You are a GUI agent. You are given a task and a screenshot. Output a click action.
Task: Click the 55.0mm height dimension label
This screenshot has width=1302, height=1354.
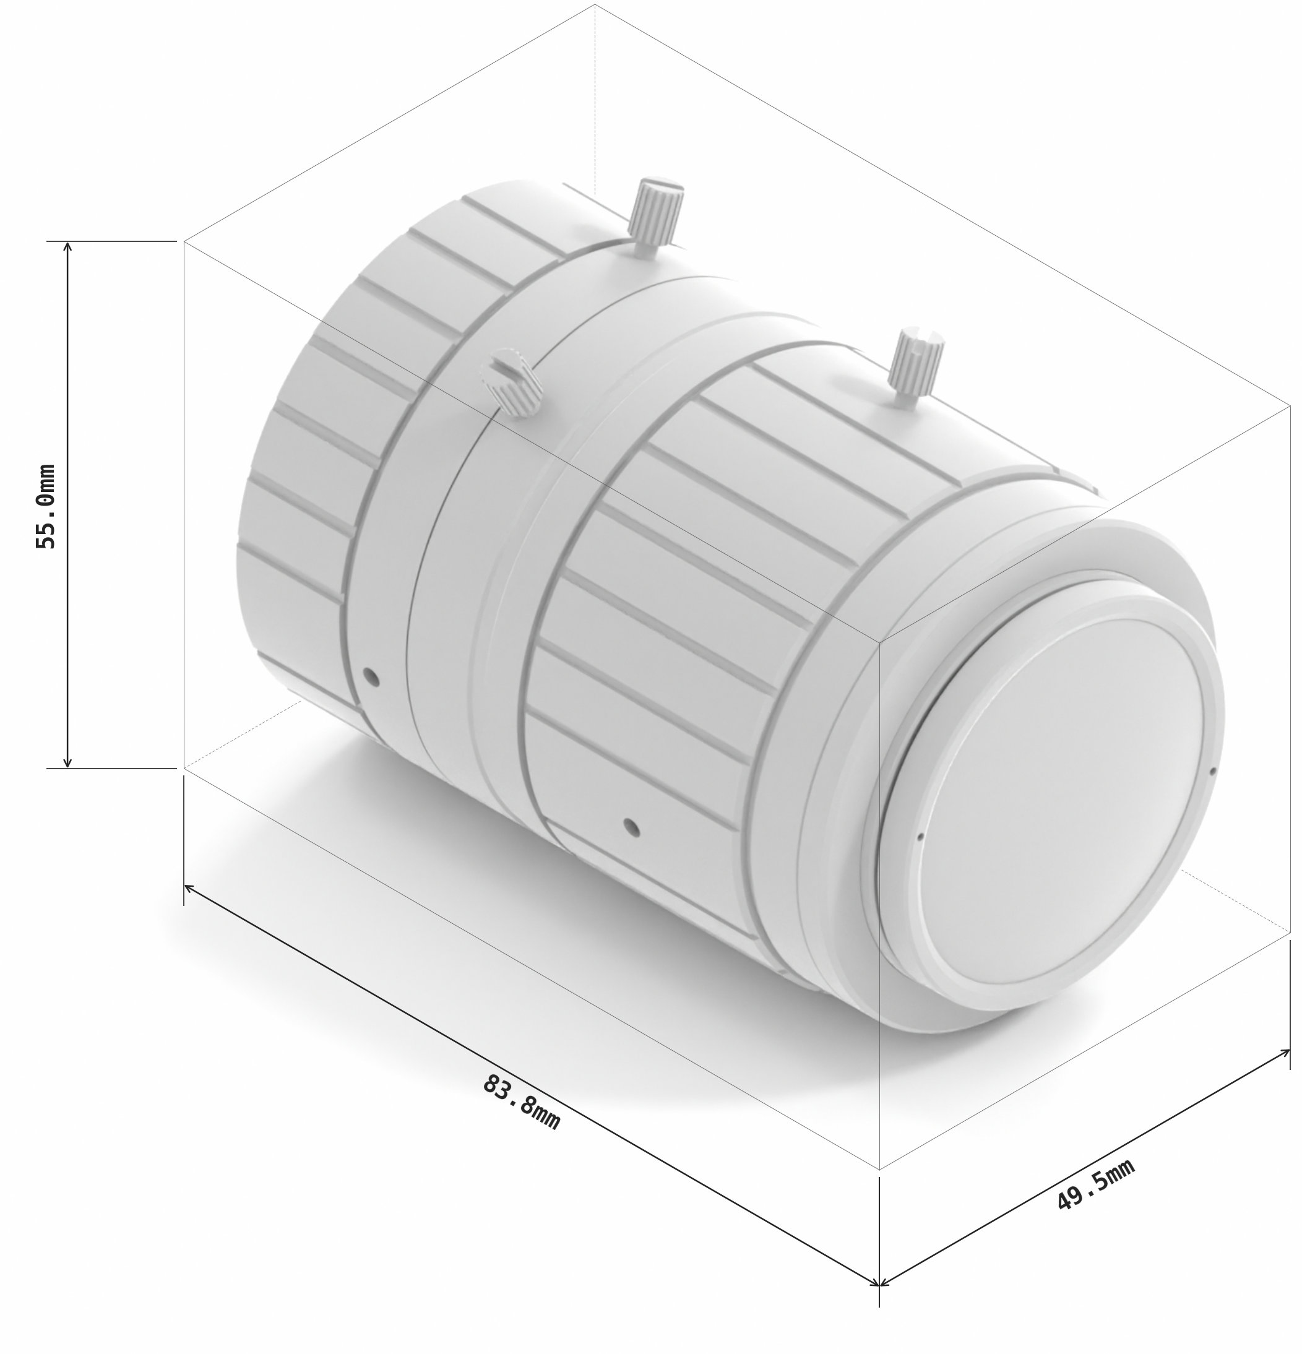46,506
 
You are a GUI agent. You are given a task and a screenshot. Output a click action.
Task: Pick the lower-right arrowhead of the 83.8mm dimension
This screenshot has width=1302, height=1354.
875,1283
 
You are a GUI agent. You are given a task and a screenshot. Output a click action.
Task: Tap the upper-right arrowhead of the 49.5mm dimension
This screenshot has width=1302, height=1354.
1285,1052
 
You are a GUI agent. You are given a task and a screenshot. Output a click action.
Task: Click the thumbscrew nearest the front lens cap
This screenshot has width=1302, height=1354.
916,368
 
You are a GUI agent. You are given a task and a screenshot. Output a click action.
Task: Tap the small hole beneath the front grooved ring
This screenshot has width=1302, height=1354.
630,826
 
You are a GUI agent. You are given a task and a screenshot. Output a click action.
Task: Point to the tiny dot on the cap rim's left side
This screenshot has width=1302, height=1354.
920,837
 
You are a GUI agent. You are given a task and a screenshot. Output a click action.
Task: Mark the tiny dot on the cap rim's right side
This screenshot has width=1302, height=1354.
1214,772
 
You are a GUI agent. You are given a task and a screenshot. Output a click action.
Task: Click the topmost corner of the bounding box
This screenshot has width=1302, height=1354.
595,4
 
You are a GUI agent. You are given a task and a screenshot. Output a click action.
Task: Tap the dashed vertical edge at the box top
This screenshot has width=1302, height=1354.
595,97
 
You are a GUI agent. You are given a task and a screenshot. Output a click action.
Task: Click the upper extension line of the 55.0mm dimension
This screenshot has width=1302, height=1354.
111,241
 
